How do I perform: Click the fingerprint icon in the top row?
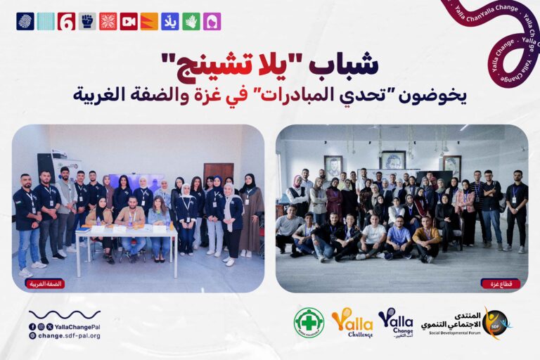tap(25, 21)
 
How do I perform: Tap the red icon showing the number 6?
tap(66, 21)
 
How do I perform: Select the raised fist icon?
tap(87, 21)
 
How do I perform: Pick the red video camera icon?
tap(129, 21)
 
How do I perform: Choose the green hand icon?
tap(191, 21)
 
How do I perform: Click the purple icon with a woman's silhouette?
tap(212, 21)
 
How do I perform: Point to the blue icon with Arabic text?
tap(170, 21)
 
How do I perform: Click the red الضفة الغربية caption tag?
tap(45, 283)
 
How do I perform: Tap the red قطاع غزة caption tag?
tap(500, 283)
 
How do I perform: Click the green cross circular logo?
tap(309, 323)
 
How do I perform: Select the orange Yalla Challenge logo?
tap(352, 323)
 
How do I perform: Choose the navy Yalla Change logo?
tap(396, 323)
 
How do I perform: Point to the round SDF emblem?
tap(496, 323)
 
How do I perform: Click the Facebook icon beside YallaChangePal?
tap(32, 327)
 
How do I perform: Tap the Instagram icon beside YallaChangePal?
tap(41, 327)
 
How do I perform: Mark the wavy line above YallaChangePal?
tap(65, 315)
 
